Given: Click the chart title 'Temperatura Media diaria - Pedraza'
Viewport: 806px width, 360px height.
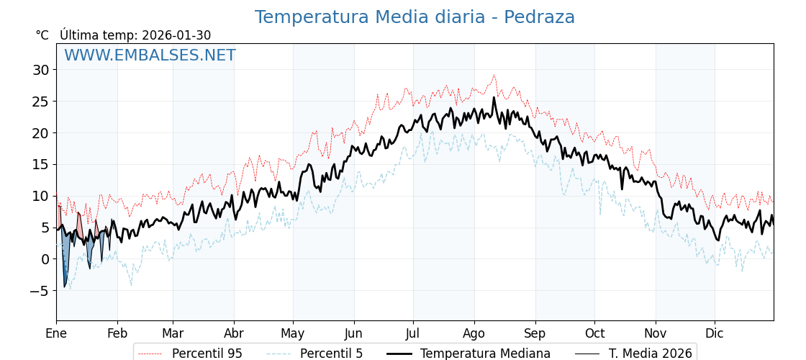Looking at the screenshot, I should (415, 17).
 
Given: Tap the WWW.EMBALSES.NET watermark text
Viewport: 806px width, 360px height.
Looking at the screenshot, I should (150, 55).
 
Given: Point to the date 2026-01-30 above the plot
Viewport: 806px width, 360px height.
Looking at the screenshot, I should (176, 35).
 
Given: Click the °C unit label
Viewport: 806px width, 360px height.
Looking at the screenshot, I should (42, 35).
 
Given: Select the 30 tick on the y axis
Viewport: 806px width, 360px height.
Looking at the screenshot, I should (40, 70).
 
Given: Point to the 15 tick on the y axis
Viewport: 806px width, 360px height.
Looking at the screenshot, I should (40, 164).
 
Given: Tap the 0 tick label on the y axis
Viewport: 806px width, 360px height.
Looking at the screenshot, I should (45, 259).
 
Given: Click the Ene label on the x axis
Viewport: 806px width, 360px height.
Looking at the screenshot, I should (56, 333).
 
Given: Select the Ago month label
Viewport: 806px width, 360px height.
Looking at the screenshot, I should (474, 333).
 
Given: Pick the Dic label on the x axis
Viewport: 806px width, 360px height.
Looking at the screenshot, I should (715, 333).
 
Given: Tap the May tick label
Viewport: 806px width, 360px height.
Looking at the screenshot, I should (293, 333).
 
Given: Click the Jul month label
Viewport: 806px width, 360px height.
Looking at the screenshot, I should (413, 333).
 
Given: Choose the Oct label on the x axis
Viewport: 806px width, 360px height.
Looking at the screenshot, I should (594, 333).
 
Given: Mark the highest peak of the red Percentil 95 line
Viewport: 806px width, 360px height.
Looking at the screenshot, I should (494, 75).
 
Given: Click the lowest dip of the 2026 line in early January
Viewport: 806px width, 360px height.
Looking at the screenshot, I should (64, 287).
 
